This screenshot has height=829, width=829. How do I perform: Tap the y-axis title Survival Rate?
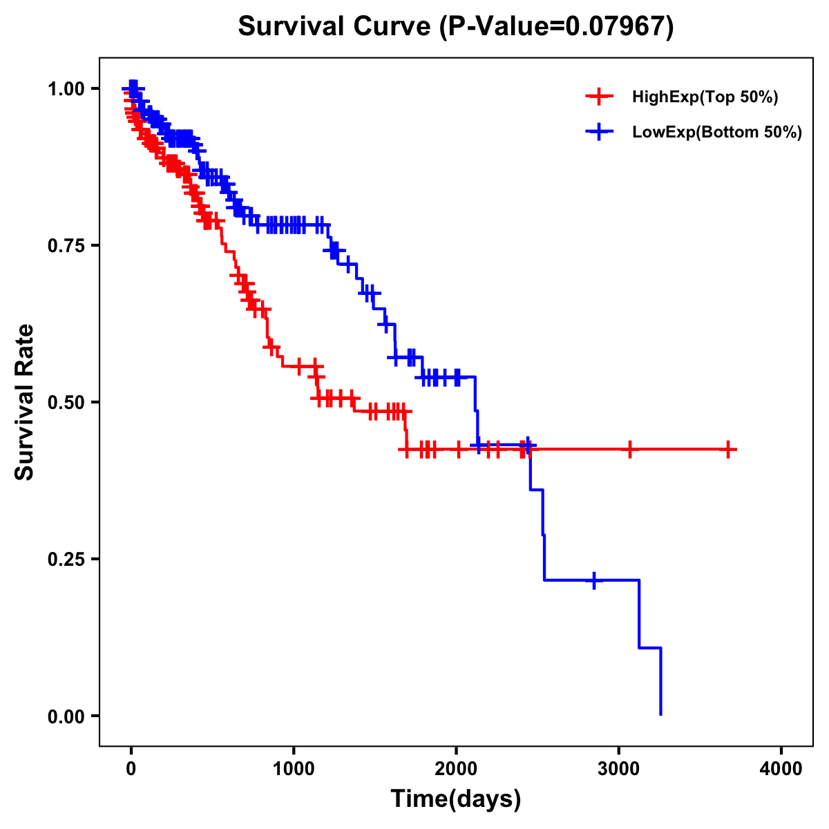[x=25, y=401]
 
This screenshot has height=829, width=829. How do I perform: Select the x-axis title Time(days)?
[x=455, y=799]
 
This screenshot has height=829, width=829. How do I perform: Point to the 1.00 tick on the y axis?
[x=66, y=88]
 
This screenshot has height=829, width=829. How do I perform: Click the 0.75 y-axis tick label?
[x=66, y=245]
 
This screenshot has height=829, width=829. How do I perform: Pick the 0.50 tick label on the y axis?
[x=66, y=402]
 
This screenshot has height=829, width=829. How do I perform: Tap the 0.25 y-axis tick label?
[x=66, y=559]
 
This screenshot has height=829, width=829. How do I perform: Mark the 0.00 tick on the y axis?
[x=66, y=716]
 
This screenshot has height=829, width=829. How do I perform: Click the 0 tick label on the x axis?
[x=131, y=768]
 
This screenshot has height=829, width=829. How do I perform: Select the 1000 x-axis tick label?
[x=294, y=768]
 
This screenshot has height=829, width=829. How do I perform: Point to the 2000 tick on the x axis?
[x=456, y=768]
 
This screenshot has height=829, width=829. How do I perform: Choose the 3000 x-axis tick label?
[x=619, y=768]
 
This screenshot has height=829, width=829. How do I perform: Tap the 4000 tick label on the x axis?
[x=781, y=768]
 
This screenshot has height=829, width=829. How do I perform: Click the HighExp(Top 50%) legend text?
[x=705, y=97]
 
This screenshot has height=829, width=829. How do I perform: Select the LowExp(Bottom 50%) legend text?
[x=716, y=132]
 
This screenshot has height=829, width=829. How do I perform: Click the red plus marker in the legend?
[x=599, y=97]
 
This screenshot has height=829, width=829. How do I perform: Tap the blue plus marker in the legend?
[x=599, y=131]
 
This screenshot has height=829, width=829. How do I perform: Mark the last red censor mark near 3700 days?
[x=728, y=450]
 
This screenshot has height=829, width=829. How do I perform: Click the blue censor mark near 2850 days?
[x=593, y=580]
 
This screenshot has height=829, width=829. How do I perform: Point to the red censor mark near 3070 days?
[x=629, y=450]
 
